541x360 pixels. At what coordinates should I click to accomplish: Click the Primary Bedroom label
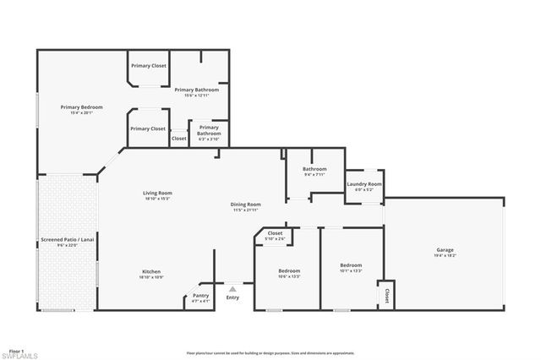coord(81,107)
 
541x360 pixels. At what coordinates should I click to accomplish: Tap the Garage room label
coord(445,249)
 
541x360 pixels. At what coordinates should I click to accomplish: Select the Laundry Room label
coord(364,183)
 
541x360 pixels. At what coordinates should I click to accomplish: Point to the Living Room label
coord(157,193)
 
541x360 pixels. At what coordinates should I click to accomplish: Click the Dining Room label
coord(246,204)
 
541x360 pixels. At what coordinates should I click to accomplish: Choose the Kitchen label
coord(151,271)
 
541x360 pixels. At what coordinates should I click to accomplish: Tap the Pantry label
coord(200,295)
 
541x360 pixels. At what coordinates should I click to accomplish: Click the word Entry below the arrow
coord(232,297)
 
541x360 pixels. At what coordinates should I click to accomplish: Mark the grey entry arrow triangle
coord(232,288)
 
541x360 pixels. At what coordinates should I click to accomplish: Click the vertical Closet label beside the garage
coord(386,296)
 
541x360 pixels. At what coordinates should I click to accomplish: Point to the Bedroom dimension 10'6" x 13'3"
coord(289,275)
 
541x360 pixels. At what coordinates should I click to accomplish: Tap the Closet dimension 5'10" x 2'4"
coord(275,239)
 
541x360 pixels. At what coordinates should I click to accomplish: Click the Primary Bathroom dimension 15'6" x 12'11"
coord(196,95)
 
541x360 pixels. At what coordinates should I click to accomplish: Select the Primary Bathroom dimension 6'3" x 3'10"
coord(209,139)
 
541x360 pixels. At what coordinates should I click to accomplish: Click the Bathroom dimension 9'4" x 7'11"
coord(314,174)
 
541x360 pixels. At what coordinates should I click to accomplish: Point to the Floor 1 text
coord(16,349)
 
